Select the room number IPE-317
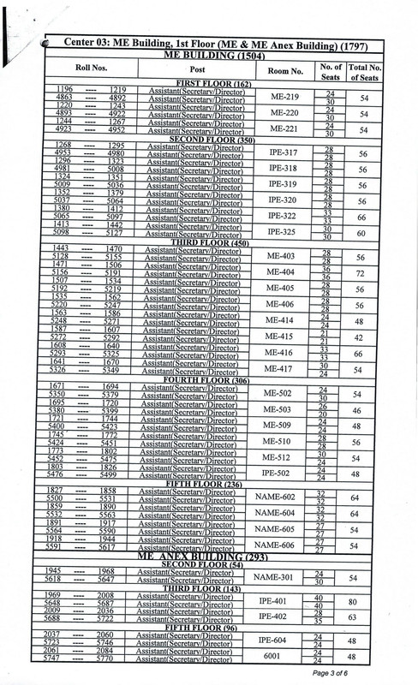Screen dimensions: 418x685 (284, 152)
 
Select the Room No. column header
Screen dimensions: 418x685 (284, 72)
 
